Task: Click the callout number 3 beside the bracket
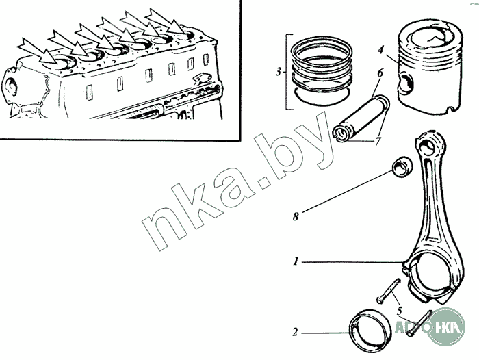(279, 73)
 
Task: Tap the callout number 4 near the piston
(380, 50)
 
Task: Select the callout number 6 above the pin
(380, 73)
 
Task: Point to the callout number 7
(378, 140)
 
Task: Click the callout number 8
(296, 217)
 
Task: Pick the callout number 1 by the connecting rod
(296, 261)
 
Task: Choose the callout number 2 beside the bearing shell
(295, 332)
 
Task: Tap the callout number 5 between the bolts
(400, 311)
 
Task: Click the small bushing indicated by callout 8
(402, 167)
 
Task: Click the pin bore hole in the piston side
(406, 82)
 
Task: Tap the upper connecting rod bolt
(388, 290)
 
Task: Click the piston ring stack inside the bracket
(321, 71)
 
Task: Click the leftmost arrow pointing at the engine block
(38, 51)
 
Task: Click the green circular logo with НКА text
(446, 327)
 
